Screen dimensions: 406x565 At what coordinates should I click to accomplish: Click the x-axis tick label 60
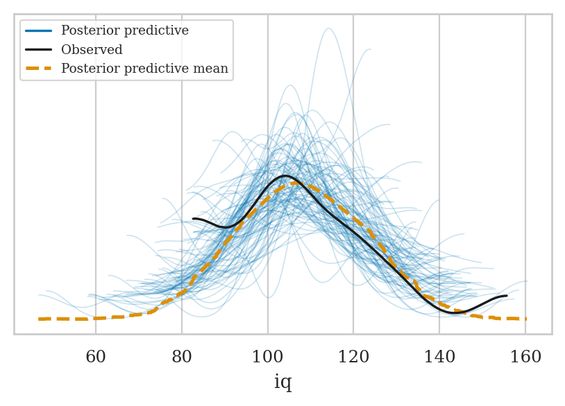click(x=96, y=358)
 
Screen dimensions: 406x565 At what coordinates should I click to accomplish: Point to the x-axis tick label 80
click(x=182, y=358)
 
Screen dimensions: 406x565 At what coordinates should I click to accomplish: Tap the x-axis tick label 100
click(x=268, y=358)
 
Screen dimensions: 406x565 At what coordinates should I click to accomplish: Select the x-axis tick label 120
click(x=353, y=358)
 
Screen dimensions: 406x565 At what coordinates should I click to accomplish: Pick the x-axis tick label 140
click(x=439, y=358)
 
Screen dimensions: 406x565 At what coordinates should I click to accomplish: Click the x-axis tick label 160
click(x=525, y=358)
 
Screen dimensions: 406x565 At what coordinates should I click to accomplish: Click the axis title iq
click(x=282, y=382)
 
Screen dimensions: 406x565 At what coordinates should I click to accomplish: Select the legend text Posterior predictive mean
click(x=144, y=69)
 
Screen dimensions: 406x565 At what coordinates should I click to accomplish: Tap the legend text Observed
click(x=92, y=50)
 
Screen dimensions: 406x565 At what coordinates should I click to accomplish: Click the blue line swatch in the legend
click(x=39, y=31)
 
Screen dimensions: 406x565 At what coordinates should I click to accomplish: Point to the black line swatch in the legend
click(x=39, y=50)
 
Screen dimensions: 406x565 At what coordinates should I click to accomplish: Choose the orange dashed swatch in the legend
click(x=39, y=69)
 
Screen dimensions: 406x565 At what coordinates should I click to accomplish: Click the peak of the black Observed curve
click(x=285, y=176)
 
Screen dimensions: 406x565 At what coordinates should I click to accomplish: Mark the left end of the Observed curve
click(x=194, y=219)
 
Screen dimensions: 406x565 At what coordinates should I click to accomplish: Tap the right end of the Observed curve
click(x=506, y=296)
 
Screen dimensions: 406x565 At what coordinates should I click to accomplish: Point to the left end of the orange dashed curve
click(x=40, y=319)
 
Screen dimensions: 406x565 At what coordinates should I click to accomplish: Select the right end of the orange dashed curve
click(x=525, y=319)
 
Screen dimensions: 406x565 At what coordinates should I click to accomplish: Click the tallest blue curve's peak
click(x=328, y=28)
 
